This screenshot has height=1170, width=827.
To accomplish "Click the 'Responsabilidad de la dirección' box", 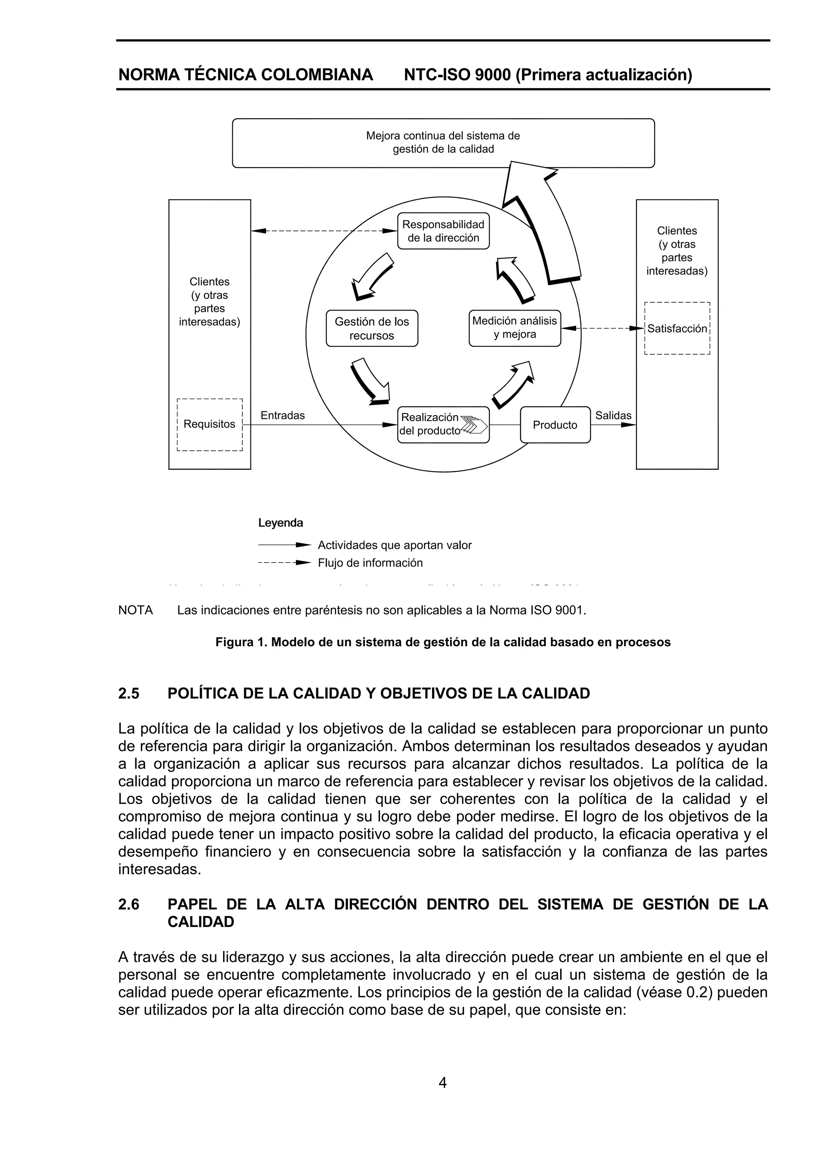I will pos(443,231).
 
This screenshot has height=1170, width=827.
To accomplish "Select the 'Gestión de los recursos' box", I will pos(372,328).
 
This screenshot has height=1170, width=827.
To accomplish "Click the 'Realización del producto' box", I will pos(443,424).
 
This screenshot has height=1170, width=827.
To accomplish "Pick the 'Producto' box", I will pos(555,425).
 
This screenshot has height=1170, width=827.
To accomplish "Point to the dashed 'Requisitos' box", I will pos(210,424).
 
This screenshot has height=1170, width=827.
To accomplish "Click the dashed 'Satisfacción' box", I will pos(677,329).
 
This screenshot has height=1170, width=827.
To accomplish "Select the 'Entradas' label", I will pos(282,415).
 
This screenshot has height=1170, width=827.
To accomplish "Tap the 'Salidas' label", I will pos(613,415).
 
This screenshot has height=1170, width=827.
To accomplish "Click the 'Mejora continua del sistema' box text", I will pos(443,142).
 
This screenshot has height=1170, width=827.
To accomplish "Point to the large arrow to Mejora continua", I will pos(540,219).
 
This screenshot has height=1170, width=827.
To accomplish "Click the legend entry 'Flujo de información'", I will pos(370,563).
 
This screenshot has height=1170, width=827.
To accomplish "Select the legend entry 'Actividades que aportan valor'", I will pos(395,545).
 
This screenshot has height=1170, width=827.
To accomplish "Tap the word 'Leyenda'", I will pos(280,523).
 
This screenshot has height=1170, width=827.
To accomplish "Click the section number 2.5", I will pos(129,693).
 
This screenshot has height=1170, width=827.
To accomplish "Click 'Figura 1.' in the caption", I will pos(241,642).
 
